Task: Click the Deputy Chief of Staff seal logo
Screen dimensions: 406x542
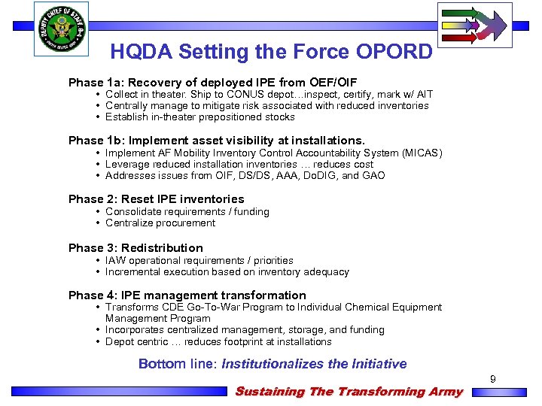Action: coord(61,29)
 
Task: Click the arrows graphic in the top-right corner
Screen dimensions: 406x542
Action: coord(474,25)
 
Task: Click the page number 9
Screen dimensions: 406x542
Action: coord(493,380)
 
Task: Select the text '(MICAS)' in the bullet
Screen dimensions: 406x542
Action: coord(422,153)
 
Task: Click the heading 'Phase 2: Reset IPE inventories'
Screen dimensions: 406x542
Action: coord(157,199)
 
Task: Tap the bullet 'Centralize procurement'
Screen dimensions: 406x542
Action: coord(160,223)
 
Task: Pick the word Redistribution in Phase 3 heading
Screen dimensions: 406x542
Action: coord(162,248)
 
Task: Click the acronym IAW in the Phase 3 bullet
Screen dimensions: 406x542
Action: coord(115,261)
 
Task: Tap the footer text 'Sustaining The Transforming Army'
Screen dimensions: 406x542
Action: coord(349,392)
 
